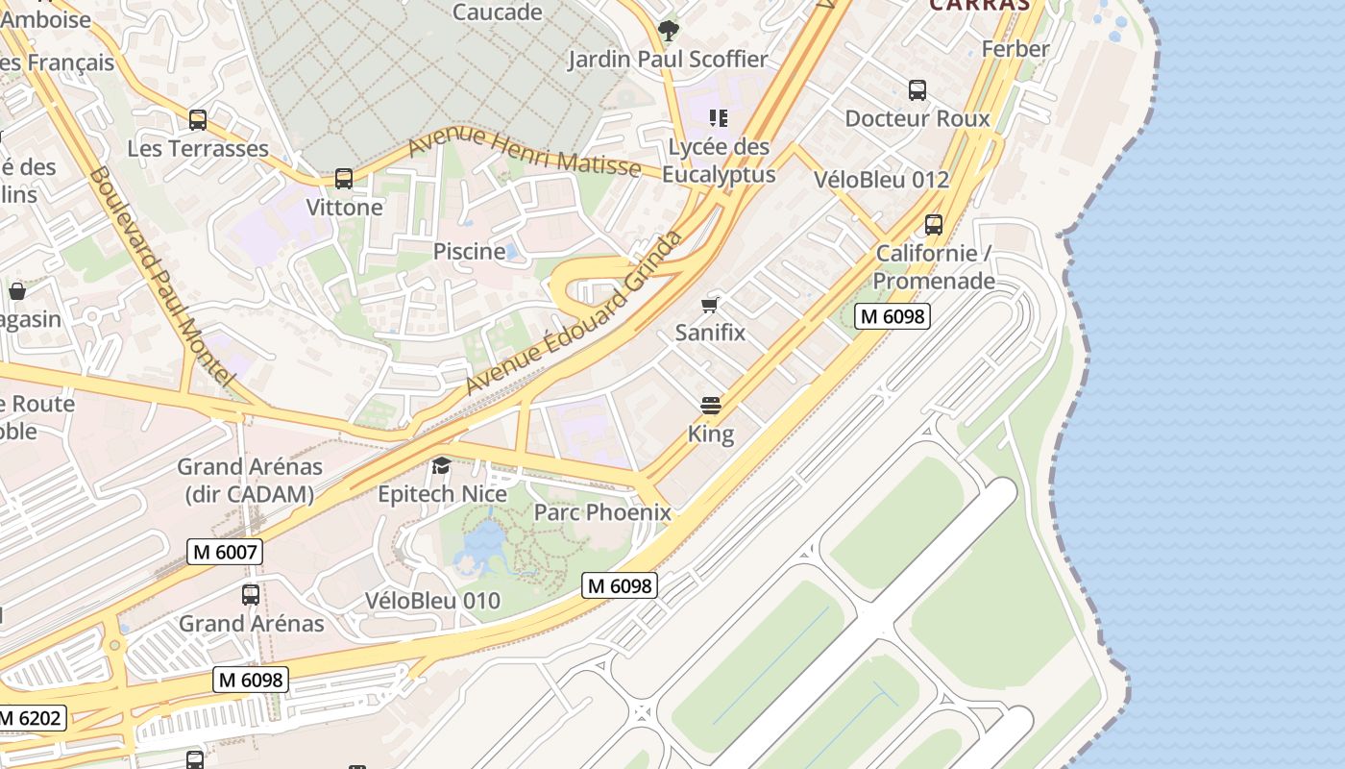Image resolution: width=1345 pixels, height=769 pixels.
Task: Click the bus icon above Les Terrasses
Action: point(198,120)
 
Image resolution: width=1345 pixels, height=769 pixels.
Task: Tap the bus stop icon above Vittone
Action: point(344,179)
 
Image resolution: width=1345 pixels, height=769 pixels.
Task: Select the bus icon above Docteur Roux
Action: point(917,90)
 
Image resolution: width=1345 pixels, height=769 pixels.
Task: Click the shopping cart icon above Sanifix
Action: point(710,305)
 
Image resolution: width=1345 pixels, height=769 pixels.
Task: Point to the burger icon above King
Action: point(711,406)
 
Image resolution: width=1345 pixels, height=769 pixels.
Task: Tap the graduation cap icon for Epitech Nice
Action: point(442,466)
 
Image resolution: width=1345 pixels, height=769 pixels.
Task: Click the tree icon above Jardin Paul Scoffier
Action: point(668,31)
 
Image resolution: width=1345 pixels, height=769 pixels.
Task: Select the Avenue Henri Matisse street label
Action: point(525,153)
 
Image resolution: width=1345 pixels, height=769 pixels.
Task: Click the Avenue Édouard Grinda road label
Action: point(575,311)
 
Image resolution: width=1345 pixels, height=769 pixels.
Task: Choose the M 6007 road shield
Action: point(225,552)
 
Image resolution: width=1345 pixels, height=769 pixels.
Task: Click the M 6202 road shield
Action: point(32,717)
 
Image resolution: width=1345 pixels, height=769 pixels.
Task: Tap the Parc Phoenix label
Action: point(602,512)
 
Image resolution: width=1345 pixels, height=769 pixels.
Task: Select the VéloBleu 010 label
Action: point(432,601)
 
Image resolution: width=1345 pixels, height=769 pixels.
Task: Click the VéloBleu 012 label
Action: point(881,180)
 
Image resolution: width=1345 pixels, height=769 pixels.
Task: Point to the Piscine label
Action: point(469,252)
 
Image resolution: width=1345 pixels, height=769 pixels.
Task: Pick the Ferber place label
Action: point(1015,49)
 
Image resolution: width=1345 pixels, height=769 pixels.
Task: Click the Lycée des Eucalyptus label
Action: point(719,161)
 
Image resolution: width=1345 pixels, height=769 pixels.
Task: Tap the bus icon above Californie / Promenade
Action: point(933,225)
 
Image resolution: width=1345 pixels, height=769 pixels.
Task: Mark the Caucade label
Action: point(497,12)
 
